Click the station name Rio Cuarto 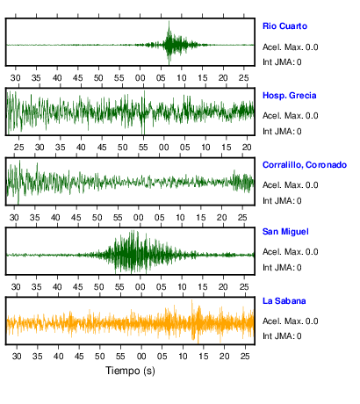(x=284, y=26)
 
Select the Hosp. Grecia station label (x=290, y=96)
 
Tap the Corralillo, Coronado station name (x=305, y=165)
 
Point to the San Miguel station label (x=285, y=232)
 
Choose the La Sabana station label (x=284, y=300)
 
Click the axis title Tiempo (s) (x=130, y=371)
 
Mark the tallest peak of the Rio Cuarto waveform (x=169, y=22)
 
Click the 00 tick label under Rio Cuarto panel (x=140, y=78)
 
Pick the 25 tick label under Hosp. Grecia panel (x=18, y=147)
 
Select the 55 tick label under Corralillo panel (x=118, y=218)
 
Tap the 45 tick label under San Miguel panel (x=78, y=287)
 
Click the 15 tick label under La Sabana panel (x=204, y=356)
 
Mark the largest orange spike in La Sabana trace (x=192, y=301)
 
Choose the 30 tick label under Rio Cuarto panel (x=16, y=78)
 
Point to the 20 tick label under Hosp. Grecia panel (x=247, y=147)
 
